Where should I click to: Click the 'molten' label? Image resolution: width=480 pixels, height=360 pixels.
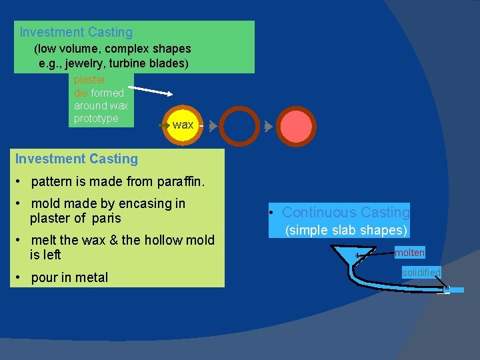(x=409, y=253)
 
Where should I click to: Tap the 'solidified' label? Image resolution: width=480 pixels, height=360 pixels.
(x=421, y=273)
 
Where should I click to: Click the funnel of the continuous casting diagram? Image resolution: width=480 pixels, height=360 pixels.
(x=346, y=255)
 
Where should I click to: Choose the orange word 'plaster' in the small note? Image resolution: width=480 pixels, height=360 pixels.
(x=90, y=80)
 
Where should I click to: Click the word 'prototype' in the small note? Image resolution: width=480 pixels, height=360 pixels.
(x=96, y=118)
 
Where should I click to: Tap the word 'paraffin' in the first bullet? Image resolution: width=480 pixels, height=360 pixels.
(x=181, y=181)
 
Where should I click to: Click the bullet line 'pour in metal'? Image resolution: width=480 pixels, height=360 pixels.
(x=69, y=277)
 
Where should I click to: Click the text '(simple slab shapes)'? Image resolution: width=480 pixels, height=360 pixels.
(x=346, y=231)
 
